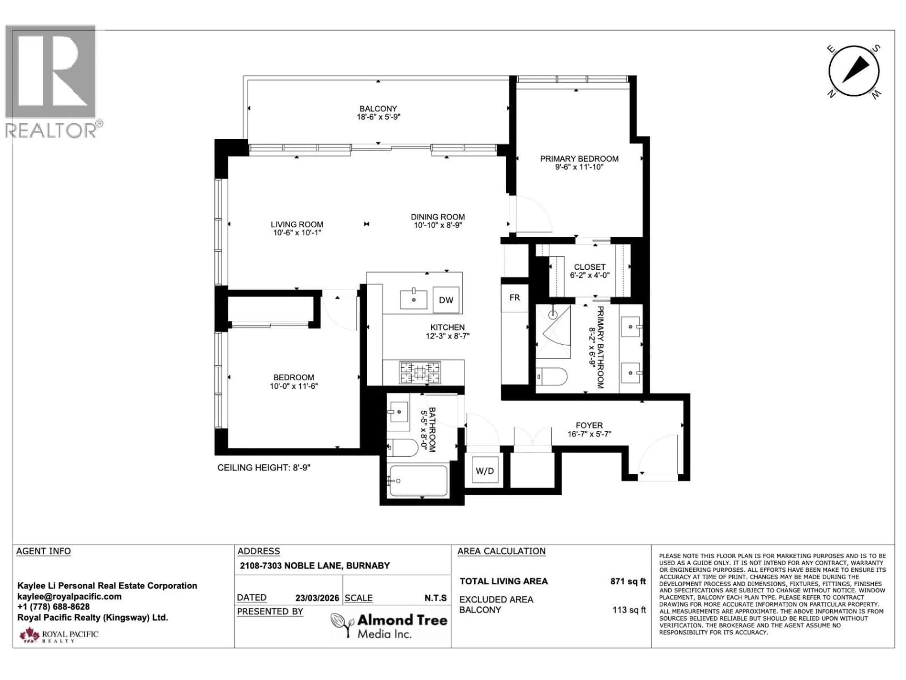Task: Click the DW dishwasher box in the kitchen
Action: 446,300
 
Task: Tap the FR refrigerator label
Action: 514,297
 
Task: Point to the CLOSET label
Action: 589,267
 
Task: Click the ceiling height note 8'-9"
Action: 264,468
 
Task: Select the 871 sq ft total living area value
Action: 628,581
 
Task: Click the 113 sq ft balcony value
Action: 629,610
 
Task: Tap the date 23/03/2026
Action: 317,598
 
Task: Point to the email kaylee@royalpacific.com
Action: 69,596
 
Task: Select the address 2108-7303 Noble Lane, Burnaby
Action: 315,566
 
